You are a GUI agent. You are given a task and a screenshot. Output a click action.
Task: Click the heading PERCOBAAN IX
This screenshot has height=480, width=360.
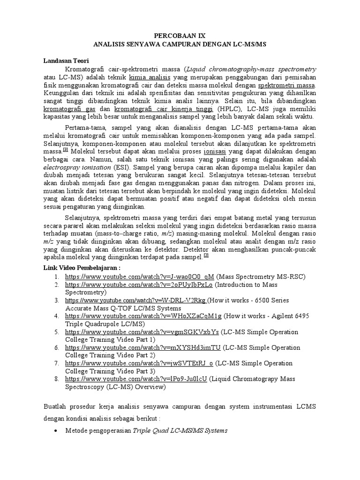pyautogui.click(x=180, y=36)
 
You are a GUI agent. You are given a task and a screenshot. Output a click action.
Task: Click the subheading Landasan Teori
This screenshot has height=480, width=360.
pyautogui.click(x=66, y=60)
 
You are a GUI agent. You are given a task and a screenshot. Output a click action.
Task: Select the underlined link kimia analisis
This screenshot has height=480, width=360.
pyautogui.click(x=150, y=77)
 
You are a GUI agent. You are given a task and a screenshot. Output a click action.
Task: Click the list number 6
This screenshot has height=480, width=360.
pyautogui.click(x=56, y=348)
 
